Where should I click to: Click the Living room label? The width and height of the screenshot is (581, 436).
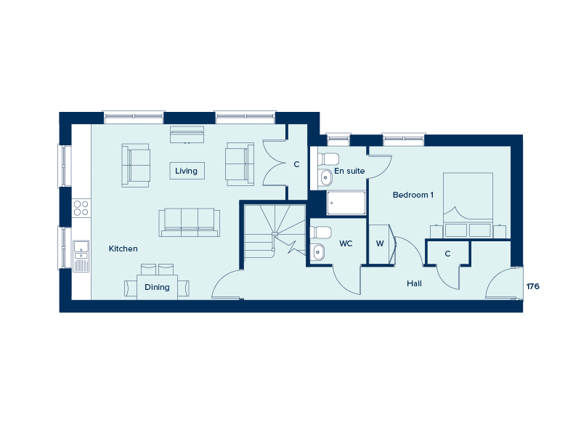(x=186, y=171)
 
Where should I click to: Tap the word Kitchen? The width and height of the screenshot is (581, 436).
(x=123, y=249)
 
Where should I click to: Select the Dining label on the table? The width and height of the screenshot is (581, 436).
(x=157, y=287)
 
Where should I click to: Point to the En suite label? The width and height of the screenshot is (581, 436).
(x=349, y=171)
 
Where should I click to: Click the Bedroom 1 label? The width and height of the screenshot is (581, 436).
(x=413, y=195)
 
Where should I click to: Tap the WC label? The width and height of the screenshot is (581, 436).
(x=346, y=243)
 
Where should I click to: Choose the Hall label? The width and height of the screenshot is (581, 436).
(x=414, y=283)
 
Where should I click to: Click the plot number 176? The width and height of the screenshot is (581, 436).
(x=533, y=286)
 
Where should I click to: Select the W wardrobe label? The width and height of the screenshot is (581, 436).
(x=380, y=243)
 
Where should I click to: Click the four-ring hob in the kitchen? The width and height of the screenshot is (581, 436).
(x=81, y=208)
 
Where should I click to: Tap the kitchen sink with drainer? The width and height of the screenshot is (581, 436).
(x=81, y=257)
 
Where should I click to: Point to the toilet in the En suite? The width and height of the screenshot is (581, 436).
(x=328, y=159)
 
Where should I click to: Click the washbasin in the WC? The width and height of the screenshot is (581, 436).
(x=318, y=252)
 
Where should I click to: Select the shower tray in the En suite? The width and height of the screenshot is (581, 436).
(x=346, y=203)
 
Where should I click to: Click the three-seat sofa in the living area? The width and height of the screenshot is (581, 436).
(x=190, y=222)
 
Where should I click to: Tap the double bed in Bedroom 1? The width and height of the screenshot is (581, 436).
(x=468, y=205)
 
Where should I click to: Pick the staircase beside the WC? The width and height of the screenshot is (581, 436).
(x=275, y=231)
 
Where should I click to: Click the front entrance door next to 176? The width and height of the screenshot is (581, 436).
(x=503, y=283)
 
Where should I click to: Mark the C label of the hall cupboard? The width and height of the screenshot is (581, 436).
(x=447, y=254)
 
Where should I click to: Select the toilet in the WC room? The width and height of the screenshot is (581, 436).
(x=321, y=233)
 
